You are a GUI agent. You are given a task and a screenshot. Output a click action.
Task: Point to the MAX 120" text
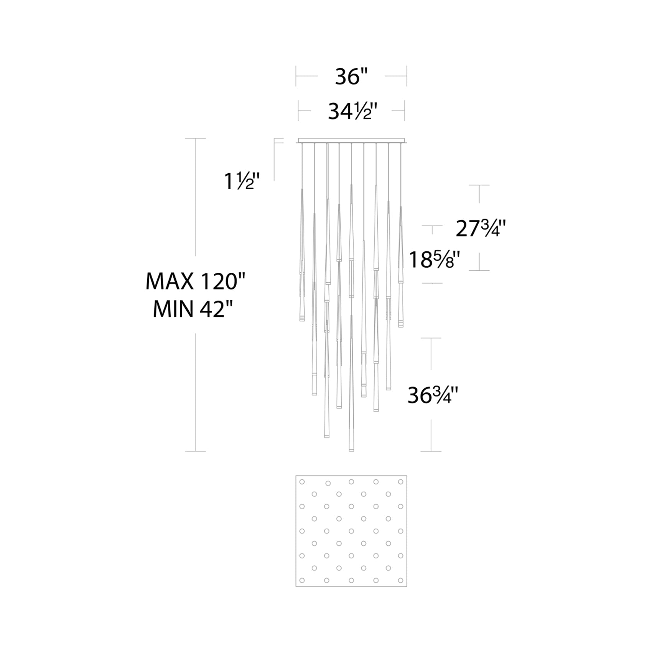tap(195, 282)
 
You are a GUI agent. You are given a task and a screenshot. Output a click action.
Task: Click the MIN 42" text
tap(194, 309)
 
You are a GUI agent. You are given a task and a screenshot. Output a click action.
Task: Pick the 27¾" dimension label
tap(481, 229)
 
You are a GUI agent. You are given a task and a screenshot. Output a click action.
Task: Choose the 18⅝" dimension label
tap(434, 260)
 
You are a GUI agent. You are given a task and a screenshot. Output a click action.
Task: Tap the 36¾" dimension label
tap(433, 395)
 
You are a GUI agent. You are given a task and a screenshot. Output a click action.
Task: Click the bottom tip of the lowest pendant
tap(351, 451)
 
